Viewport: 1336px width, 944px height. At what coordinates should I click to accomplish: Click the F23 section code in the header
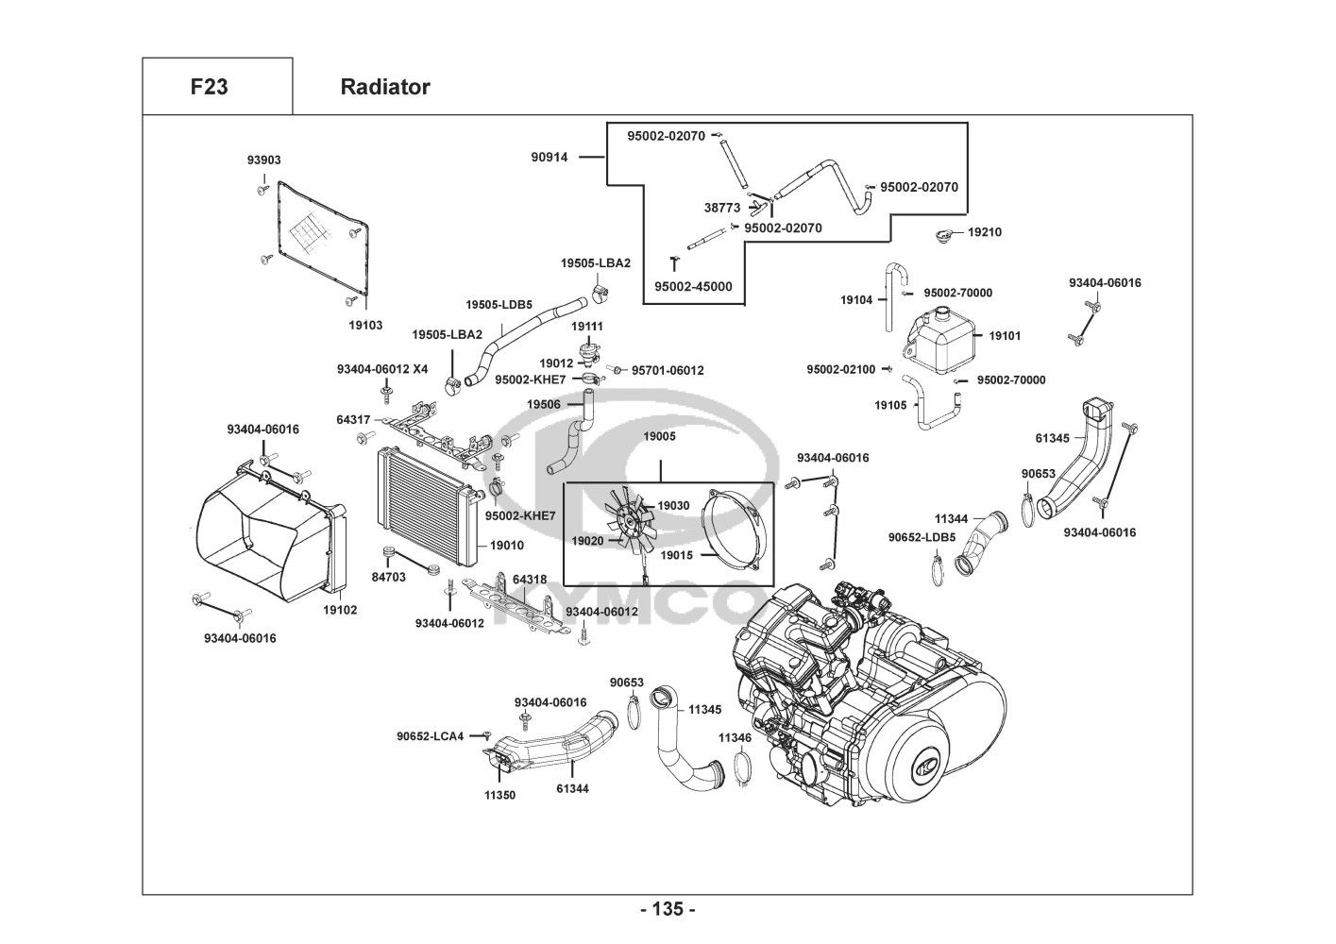click(209, 87)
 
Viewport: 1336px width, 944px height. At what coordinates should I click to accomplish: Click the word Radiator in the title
click(384, 87)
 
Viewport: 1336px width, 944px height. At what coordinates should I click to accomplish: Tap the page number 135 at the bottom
click(668, 910)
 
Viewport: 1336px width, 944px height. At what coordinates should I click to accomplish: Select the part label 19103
click(365, 325)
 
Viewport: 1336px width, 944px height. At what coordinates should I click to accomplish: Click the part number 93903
click(264, 160)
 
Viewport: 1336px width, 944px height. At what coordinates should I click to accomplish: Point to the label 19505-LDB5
click(499, 305)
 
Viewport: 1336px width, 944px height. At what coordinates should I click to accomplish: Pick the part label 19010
click(506, 546)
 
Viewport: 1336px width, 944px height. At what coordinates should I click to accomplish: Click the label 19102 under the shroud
click(340, 610)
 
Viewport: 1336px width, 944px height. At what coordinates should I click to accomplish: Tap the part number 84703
click(388, 577)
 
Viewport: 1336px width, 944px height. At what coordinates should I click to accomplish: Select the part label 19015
click(676, 555)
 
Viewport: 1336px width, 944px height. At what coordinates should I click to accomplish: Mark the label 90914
click(550, 158)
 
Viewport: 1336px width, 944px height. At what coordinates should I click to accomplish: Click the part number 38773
click(722, 208)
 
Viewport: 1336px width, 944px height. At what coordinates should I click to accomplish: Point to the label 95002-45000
click(693, 287)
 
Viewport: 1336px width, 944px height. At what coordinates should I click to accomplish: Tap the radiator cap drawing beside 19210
click(943, 233)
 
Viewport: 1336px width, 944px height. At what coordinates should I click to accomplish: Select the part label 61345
click(1053, 438)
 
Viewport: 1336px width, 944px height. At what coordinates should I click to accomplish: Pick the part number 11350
click(499, 795)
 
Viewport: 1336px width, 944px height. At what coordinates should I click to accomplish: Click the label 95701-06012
click(668, 371)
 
